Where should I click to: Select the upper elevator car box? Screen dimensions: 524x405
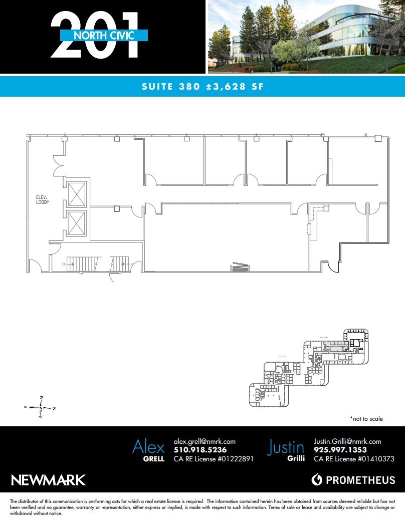click(77, 194)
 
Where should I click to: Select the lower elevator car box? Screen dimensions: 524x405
click(77, 223)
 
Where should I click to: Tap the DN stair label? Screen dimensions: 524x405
click(64, 264)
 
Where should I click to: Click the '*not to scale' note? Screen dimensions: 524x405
click(366, 418)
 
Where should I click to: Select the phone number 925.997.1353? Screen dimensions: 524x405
click(340, 450)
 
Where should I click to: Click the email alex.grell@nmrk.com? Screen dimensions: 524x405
click(205, 441)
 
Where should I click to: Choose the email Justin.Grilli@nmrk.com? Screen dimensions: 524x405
click(347, 441)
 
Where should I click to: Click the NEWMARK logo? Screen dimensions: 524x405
click(48, 480)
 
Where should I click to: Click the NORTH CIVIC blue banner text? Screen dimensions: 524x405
click(104, 35)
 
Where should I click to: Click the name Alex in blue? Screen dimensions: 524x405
click(148, 446)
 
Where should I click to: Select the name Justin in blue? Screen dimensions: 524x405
click(286, 446)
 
